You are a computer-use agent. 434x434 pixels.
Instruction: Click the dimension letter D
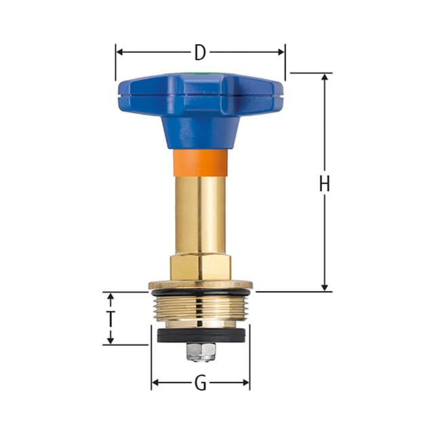pos(200,52)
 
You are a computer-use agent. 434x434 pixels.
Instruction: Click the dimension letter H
pos(325,183)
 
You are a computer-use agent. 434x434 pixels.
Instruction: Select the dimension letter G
pos(200,384)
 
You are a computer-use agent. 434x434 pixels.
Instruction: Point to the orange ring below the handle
pos(200,163)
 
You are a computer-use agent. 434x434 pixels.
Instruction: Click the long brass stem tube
pos(200,214)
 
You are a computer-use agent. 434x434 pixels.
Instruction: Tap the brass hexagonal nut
pos(200,266)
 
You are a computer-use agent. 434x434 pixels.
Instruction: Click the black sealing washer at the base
pos(200,336)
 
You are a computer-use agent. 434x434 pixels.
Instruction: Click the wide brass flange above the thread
pos(200,285)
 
